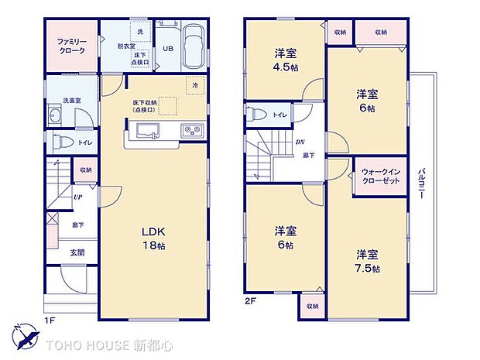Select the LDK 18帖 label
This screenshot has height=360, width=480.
[x=153, y=238]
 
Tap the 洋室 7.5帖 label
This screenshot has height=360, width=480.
[x=368, y=261]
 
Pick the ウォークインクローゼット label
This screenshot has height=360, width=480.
[x=379, y=176]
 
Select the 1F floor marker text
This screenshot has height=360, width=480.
[x=48, y=318]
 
